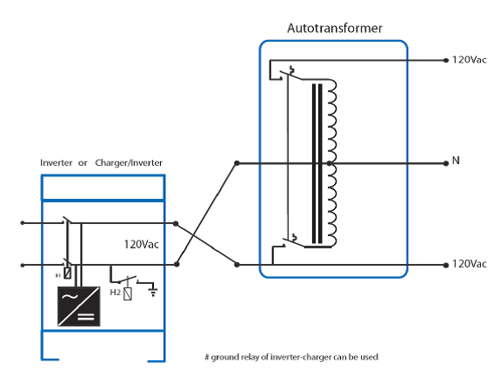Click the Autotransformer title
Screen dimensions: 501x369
click(335, 29)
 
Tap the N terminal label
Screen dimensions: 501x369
click(456, 161)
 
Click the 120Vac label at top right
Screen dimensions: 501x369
click(469, 60)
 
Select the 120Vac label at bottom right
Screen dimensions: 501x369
click(469, 264)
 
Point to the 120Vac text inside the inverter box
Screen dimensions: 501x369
click(141, 245)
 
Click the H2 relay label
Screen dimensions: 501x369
click(116, 292)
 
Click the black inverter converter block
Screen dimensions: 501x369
click(78, 306)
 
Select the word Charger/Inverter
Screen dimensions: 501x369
click(129, 163)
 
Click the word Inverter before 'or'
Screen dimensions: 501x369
click(57, 163)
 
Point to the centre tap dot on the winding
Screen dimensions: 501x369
click(330, 163)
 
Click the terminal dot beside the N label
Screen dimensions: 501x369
click(446, 163)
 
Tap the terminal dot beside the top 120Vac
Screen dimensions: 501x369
click(446, 60)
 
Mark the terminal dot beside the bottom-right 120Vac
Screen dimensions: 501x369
click(446, 265)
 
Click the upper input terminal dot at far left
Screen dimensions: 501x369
click(23, 222)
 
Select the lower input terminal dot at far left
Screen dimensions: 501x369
click(23, 265)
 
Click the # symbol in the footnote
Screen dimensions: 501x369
click(207, 357)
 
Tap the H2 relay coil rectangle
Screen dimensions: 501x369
click(128, 294)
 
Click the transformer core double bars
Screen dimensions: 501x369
click(317, 163)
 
